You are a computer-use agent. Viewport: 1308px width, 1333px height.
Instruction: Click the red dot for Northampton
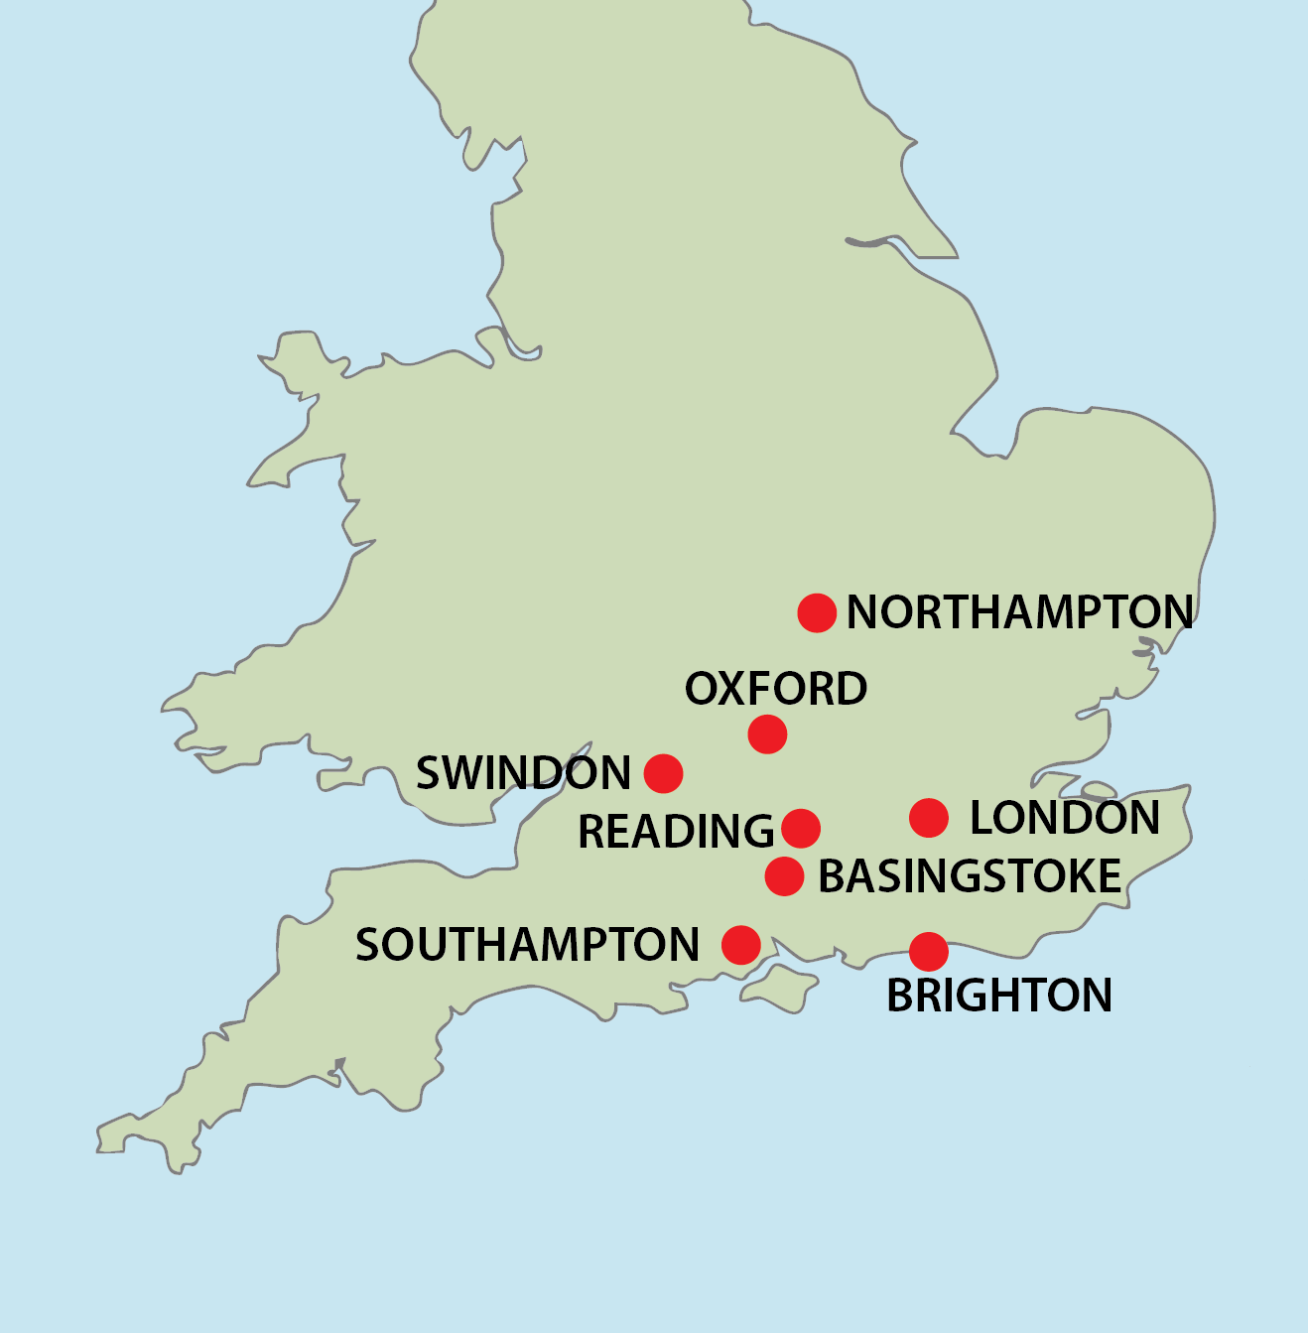[x=817, y=613]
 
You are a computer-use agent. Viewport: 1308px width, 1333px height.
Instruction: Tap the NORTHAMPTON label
[x=1019, y=612]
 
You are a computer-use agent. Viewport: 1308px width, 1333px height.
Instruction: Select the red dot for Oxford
[x=767, y=734]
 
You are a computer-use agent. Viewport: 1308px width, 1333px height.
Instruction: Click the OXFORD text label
[x=776, y=689]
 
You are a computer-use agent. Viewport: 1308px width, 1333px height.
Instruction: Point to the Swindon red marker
[x=663, y=773]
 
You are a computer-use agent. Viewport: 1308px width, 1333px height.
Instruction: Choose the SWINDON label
[x=523, y=774]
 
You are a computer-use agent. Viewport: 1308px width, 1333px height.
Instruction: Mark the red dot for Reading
[x=801, y=828]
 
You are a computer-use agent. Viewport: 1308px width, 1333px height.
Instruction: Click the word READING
[x=676, y=832]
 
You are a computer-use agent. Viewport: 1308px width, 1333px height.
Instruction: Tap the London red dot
[x=928, y=818]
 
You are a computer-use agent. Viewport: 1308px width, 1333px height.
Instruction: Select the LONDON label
[x=1064, y=818]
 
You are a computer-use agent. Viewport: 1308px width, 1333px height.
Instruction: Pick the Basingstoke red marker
[x=784, y=876]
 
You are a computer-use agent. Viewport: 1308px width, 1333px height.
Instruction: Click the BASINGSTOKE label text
[x=970, y=877]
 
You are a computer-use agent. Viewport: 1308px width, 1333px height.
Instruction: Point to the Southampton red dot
[x=741, y=945]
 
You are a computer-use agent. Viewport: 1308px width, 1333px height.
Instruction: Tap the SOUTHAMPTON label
[x=528, y=945]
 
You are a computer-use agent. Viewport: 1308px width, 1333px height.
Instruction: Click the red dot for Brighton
[x=928, y=952]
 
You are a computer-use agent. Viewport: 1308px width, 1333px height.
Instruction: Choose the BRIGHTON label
[x=998, y=996]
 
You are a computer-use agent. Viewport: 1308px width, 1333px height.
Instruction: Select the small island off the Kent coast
[x=1099, y=791]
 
